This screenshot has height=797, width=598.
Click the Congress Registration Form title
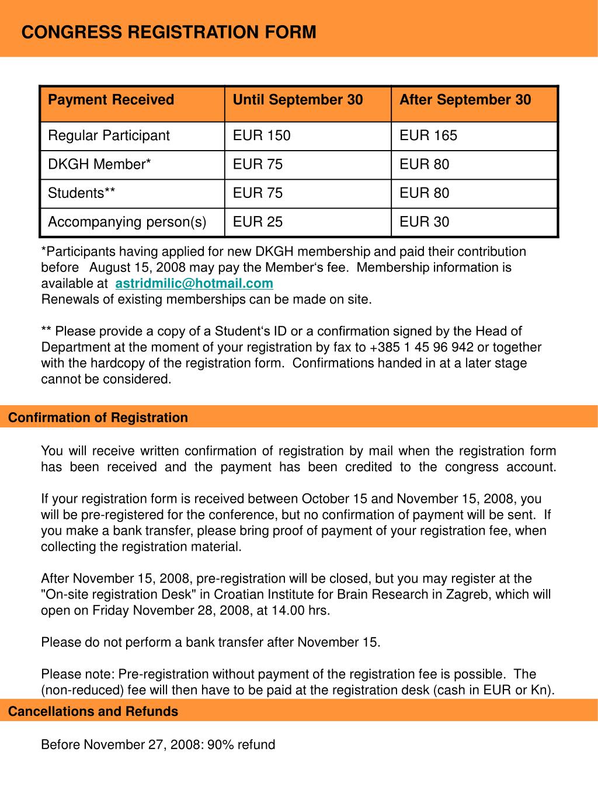pyautogui.click(x=169, y=32)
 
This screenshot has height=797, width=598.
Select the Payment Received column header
pyautogui.click(x=111, y=100)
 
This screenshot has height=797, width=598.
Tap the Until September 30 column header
pyautogui.click(x=298, y=100)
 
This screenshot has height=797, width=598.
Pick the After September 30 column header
pyautogui.click(x=465, y=100)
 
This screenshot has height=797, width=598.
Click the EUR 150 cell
pyautogui.click(x=262, y=135)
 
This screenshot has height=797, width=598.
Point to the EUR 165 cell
pyautogui.click(x=428, y=135)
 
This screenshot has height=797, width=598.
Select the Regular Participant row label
pyautogui.click(x=109, y=135)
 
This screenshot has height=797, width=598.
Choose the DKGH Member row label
pyautogui.click(x=99, y=164)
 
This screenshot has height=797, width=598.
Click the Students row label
pyautogui.click(x=81, y=193)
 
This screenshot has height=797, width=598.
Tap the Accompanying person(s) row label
pyautogui.click(x=127, y=222)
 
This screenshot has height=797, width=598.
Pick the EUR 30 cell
pyautogui.click(x=424, y=222)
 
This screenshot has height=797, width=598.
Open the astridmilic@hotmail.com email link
pyautogui.click(x=194, y=284)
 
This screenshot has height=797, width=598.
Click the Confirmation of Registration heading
pyautogui.click(x=98, y=417)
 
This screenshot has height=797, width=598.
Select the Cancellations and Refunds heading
pyautogui.click(x=93, y=711)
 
